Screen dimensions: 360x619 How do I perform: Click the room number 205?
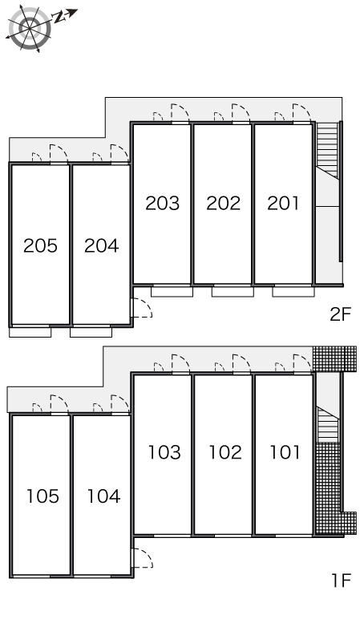pos(40,245)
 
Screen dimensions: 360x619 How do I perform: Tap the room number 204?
pos(102,245)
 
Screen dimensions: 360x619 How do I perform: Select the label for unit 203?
pos(162,204)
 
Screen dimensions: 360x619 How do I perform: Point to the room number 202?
pos(223,204)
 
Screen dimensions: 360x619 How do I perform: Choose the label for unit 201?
pos(283,204)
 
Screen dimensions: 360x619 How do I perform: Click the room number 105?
pos(42,496)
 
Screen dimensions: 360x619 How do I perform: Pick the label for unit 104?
pos(103,496)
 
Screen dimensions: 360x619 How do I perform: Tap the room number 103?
pos(164,452)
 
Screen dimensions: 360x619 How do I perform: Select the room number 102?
pos(225,452)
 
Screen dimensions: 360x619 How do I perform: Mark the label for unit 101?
pos(285,452)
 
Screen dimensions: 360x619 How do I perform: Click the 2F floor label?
pos(340,314)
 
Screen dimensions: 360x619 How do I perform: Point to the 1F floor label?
pos(341,581)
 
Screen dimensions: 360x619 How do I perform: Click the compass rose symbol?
pos(30,28)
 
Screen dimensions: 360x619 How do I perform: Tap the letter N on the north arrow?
pos(59,17)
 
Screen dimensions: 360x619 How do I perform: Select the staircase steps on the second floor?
pos(328,150)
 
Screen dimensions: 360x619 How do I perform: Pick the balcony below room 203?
pos(172,292)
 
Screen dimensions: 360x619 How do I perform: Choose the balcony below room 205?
pos(30,332)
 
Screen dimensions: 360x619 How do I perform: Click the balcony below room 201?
pos(293,292)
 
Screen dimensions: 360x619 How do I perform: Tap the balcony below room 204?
pos(91,332)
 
